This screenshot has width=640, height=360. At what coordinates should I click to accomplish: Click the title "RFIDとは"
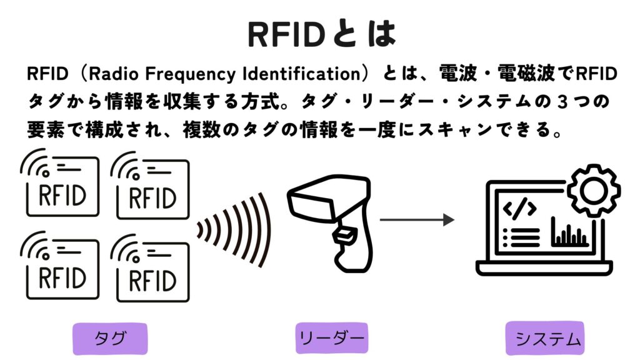point(322,34)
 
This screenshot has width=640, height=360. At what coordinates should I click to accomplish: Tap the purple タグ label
point(110,338)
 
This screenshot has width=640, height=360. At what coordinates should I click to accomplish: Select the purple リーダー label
point(331,338)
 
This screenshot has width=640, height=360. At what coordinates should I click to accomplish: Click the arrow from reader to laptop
point(417,219)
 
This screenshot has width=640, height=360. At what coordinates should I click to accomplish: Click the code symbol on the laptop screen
point(519,208)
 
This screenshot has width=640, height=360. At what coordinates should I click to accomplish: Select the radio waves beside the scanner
point(235,230)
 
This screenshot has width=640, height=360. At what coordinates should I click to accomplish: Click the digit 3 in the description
point(562,102)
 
